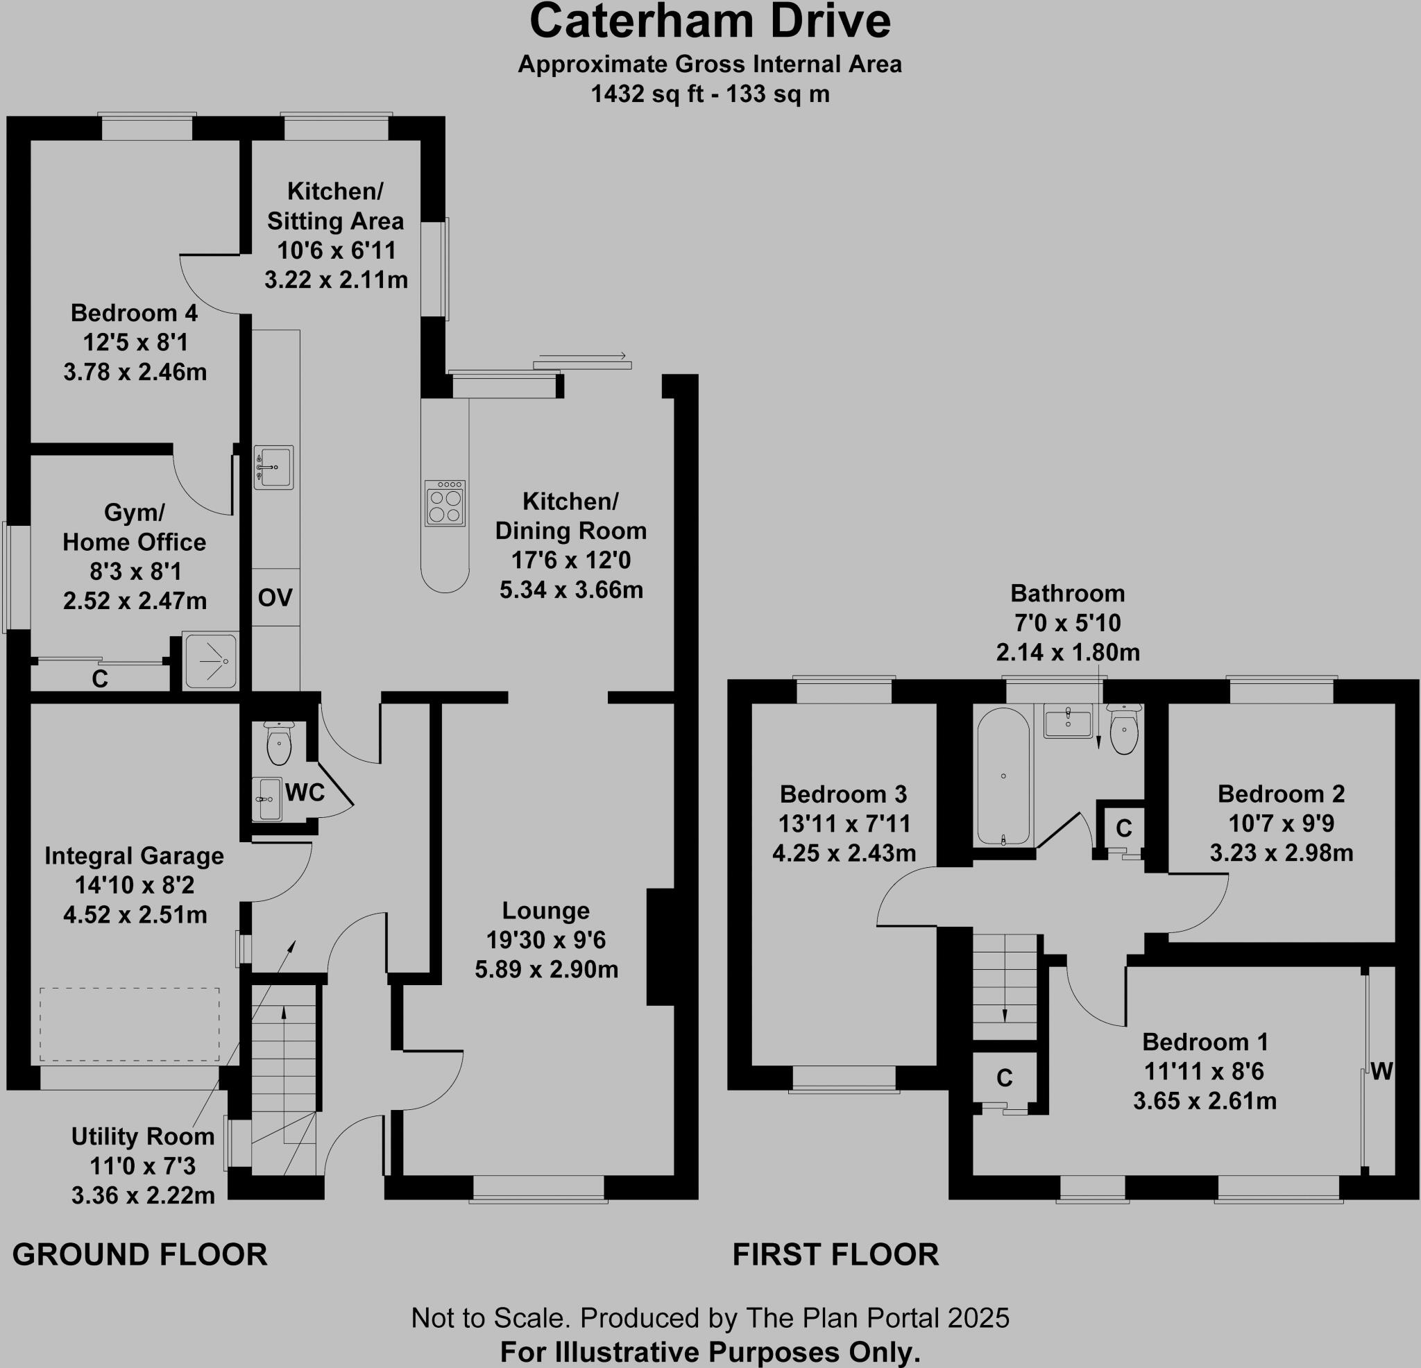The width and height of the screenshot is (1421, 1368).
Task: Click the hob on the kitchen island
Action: point(445,503)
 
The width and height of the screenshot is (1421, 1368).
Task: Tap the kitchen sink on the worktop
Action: point(274,467)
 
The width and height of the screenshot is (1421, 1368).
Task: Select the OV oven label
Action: point(275,597)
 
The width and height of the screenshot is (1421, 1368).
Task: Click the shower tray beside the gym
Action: point(210,661)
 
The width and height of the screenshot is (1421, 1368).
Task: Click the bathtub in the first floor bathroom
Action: point(1003,776)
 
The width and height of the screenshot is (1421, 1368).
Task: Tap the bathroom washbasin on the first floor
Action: point(1068,721)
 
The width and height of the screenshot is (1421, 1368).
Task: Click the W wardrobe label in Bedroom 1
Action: point(1381,1071)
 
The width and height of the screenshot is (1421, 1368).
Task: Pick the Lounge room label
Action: point(546,911)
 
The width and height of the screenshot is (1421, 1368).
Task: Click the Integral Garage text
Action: point(134,855)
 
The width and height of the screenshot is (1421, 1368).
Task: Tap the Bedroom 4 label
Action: point(134,313)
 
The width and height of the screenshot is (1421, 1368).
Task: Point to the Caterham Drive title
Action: point(710,22)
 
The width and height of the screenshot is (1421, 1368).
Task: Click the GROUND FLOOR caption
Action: point(140,1255)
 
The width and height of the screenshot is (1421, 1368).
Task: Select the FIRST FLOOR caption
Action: point(835,1255)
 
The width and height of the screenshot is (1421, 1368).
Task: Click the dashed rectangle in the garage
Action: point(129,1025)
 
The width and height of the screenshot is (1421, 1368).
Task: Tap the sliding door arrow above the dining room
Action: point(583,357)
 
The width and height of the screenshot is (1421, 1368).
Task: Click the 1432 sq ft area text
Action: point(710,94)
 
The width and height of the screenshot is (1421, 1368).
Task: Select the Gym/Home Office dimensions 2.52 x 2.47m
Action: point(135,601)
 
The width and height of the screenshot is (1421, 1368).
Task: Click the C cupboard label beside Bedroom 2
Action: point(1124,828)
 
